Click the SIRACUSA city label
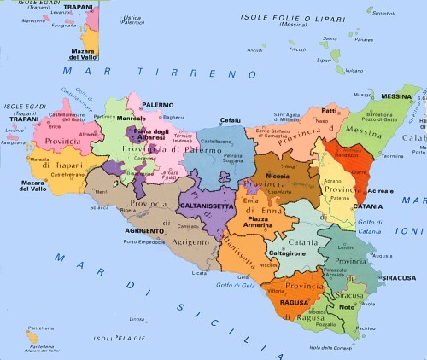398,277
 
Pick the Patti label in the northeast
330,111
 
